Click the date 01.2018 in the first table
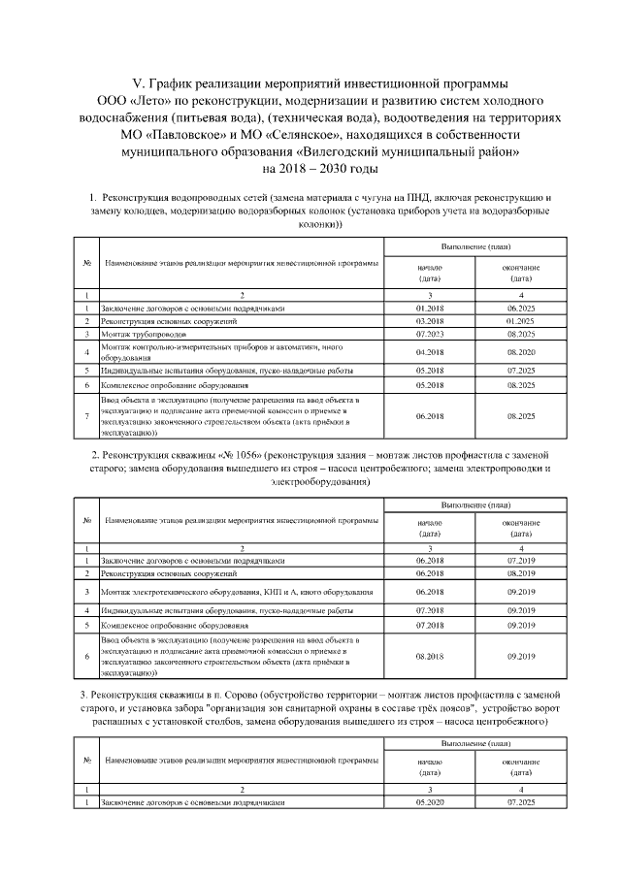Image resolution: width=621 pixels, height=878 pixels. pos(429,308)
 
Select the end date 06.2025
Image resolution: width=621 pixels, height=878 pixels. pos(521,308)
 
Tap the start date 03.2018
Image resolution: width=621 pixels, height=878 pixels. pos(429,320)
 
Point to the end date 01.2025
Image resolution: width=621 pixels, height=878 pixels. pos(521,320)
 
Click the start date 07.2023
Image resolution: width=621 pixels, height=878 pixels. pos(429,333)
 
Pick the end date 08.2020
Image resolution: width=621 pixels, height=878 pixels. pos(521,350)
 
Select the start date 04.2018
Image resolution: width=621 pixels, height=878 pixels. pos(429,350)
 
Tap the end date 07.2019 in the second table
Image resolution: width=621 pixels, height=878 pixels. pos(521,560)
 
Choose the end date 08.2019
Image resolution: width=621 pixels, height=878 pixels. pos(521,573)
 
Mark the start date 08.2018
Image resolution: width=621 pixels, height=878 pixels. pos(429,656)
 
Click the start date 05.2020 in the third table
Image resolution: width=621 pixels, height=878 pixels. pos(429,802)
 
